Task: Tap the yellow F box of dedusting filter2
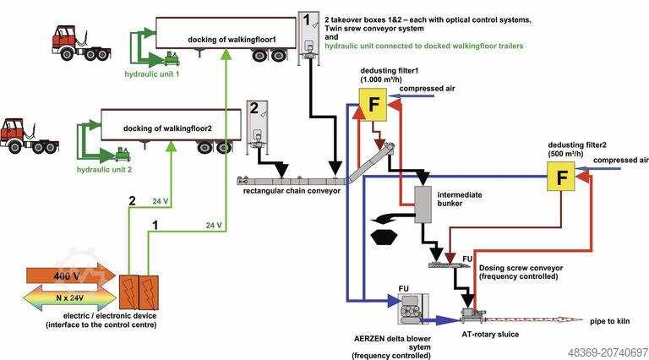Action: (559, 177)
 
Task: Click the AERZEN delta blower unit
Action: (410, 311)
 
